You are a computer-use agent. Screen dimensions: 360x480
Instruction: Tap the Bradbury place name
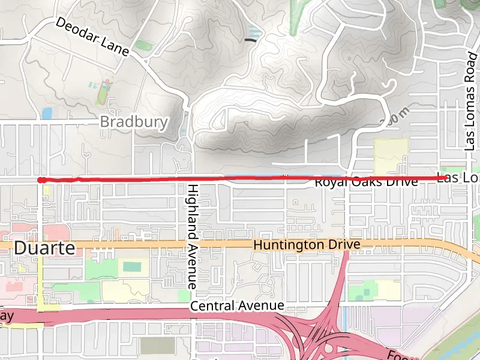coord(133,122)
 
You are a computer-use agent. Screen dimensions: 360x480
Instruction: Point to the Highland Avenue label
coord(193,236)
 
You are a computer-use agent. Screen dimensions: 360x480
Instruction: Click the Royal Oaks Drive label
coord(366,181)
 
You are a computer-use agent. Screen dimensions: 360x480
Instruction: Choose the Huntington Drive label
coord(307,245)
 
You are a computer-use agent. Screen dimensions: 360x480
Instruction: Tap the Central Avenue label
coord(237,306)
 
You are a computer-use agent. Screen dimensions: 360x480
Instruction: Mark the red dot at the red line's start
coord(40,179)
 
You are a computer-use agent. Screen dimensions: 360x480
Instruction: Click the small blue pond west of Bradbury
coord(47,113)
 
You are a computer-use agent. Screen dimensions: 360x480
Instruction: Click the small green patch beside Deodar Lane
coord(143,45)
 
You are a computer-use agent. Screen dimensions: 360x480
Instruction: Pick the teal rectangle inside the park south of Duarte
coord(133,266)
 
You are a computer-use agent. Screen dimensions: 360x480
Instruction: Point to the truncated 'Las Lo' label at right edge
coord(458,178)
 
